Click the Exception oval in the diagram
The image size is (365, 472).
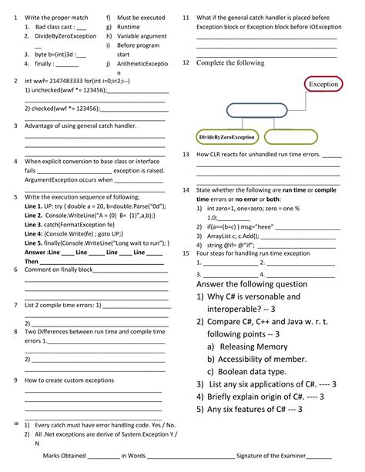click(x=323, y=82)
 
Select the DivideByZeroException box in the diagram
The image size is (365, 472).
click(x=226, y=136)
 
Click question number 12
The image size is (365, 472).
click(x=186, y=62)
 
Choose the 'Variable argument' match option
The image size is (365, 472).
click(x=142, y=35)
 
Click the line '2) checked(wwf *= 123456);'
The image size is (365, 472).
click(x=65, y=109)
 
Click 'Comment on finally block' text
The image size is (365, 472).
click(x=59, y=269)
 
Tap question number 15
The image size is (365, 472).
click(x=186, y=253)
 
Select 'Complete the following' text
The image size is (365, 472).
click(x=230, y=63)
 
